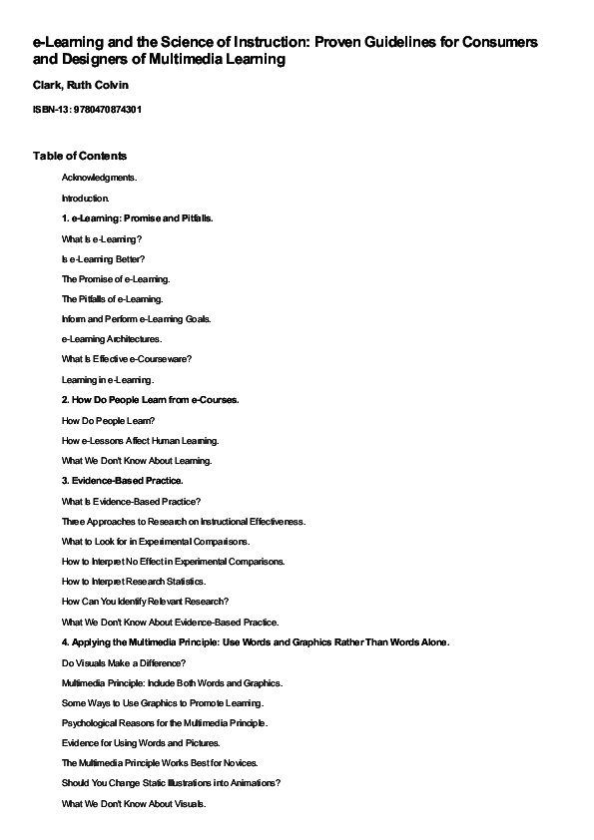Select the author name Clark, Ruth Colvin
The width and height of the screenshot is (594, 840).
pos(74,86)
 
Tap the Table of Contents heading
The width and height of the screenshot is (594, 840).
pos(80,156)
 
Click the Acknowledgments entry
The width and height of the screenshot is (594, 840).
pos(100,177)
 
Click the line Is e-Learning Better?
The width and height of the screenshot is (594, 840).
pos(104,258)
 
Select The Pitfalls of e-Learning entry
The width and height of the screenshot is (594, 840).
pos(112,298)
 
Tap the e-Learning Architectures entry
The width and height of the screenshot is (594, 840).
pos(112,339)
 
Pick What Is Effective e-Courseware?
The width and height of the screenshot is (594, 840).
pos(127,359)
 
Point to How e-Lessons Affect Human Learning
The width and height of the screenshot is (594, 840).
pos(140,440)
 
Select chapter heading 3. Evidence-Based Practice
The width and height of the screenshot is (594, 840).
pos(122,481)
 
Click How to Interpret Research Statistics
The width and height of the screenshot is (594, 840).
pos(134,582)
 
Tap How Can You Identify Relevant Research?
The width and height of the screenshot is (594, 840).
pos(146,602)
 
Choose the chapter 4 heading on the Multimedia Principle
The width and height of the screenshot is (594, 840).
pos(256,642)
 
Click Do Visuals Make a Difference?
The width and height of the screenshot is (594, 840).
pos(124,662)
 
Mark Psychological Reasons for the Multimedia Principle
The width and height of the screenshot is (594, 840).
pos(165,723)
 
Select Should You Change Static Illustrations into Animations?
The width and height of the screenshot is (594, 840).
pos(171,783)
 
